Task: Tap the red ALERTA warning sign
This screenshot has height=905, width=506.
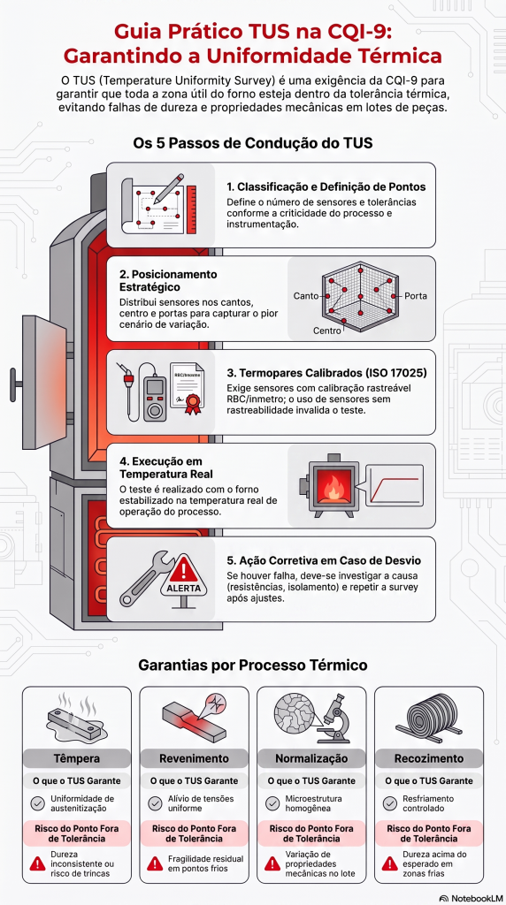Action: pyautogui.click(x=184, y=578)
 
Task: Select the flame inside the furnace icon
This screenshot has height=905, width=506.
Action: pyautogui.click(x=333, y=489)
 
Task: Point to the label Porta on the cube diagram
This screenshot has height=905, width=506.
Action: pyautogui.click(x=415, y=295)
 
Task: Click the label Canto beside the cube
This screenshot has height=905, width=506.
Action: pyautogui.click(x=306, y=295)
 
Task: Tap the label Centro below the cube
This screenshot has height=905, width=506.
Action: pyautogui.click(x=327, y=331)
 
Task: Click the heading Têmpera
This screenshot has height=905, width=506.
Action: pyautogui.click(x=76, y=757)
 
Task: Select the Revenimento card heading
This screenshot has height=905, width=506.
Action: pyautogui.click(x=195, y=757)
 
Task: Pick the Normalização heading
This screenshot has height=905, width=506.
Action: pyautogui.click(x=312, y=757)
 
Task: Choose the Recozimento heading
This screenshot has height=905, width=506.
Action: pyautogui.click(x=429, y=757)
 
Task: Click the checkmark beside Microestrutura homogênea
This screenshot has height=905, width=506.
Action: pyautogui.click(x=273, y=803)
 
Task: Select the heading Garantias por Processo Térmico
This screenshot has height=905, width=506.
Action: pyautogui.click(x=253, y=665)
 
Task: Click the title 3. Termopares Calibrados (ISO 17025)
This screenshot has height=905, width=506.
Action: pyautogui.click(x=327, y=373)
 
